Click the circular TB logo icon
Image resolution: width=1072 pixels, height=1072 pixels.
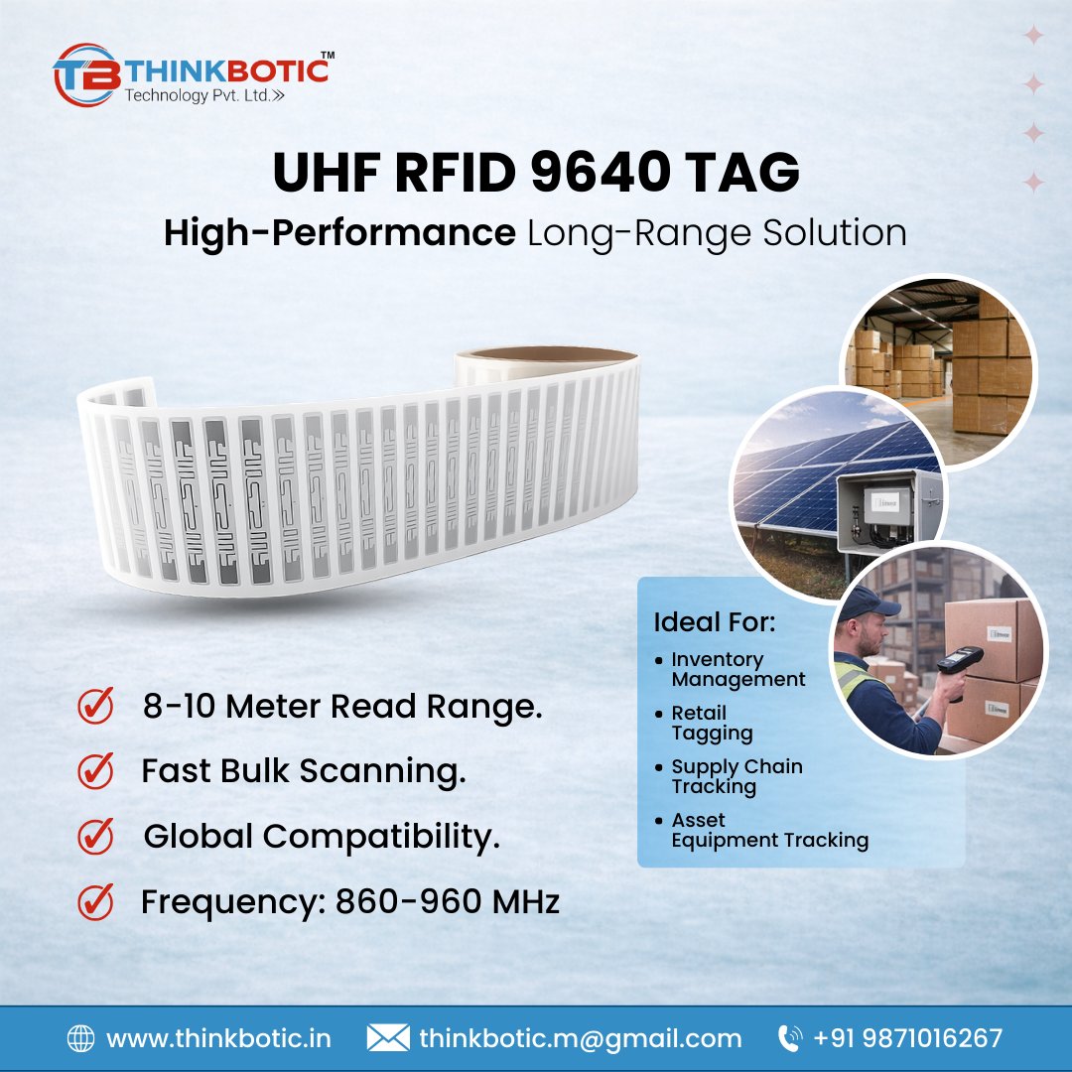point(86,74)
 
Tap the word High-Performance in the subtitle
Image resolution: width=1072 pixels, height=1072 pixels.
point(339,233)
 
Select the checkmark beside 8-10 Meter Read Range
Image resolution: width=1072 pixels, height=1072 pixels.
point(95,707)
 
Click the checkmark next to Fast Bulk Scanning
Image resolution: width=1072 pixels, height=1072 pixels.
point(95,770)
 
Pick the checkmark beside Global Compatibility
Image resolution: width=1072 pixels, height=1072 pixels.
point(95,836)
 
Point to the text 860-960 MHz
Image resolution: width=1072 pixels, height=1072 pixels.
point(448,901)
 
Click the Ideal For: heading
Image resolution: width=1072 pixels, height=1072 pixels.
point(714,623)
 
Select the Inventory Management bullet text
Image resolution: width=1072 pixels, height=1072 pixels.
point(737,669)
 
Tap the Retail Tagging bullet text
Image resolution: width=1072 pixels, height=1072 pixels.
point(712,723)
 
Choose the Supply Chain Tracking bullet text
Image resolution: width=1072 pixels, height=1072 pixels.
point(737,776)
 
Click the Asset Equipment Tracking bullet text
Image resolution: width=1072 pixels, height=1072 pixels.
point(769,830)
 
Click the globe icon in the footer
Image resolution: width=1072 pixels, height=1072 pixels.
point(80,1038)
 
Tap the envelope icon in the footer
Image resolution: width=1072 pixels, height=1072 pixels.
point(387,1038)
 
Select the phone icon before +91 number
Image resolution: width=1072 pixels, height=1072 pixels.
point(790,1038)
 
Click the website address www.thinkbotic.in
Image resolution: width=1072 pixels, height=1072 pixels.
point(218,1038)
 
